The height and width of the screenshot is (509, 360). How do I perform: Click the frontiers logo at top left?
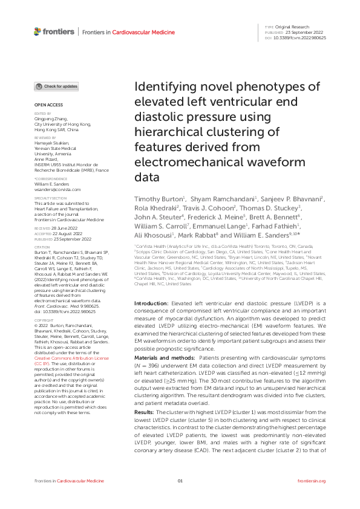pyautogui.click(x=54, y=31)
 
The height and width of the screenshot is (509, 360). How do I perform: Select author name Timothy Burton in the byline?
pyautogui.click(x=154, y=199)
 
